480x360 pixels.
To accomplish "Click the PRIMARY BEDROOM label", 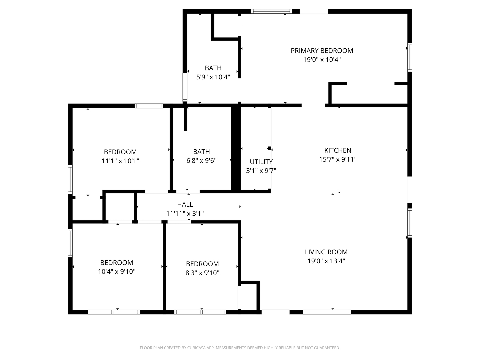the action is coord(322,51).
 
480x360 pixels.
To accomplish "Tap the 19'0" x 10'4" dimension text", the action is coord(322,60).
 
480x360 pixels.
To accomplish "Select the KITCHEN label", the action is coord(338,150).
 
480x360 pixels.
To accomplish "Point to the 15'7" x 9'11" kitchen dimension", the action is coord(338,159).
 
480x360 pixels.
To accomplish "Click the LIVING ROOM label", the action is coord(326,252).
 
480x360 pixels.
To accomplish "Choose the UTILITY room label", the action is coord(261,162).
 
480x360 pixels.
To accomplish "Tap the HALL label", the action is coord(185,204).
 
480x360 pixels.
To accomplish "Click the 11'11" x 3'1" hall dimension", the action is coord(185,213).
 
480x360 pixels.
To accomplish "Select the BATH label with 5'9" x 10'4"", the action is coord(213,68).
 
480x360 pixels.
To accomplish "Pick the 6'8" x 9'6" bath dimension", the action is coord(201,160).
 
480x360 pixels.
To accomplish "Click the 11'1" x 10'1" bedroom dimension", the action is coord(120,161).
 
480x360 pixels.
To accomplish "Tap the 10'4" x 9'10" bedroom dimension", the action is coord(117,271).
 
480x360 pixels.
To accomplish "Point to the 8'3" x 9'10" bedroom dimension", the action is coord(202,273).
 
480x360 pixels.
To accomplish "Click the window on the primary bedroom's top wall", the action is coord(271,11).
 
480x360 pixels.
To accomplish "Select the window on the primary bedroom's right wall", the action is coord(410,57).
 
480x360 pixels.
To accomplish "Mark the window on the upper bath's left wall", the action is coord(185,87).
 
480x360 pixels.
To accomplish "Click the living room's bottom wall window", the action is coord(327,312).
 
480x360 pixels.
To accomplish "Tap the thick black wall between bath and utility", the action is coord(236,148).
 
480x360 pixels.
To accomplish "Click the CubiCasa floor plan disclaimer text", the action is coord(240,348).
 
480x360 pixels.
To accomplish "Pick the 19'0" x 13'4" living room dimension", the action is coord(326,261).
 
